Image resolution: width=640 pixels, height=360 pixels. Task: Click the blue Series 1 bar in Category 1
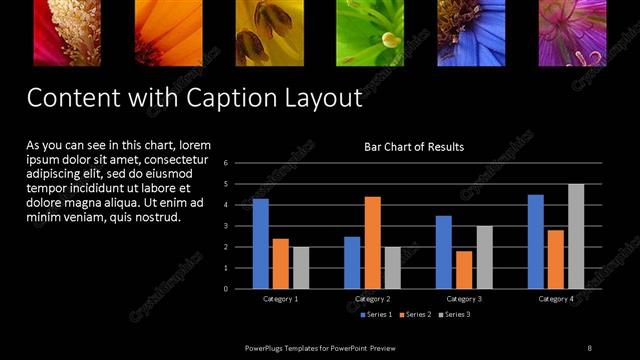[x=260, y=243]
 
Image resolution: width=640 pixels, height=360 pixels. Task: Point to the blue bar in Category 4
[x=536, y=241]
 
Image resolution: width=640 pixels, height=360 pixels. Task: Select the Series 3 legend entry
[x=456, y=315]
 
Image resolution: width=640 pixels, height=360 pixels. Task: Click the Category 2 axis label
[x=372, y=299]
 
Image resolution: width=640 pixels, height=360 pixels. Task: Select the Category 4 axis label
[x=557, y=299]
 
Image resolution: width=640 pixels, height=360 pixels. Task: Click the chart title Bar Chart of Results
[x=413, y=147]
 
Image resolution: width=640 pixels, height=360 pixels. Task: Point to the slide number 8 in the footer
[x=590, y=347]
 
